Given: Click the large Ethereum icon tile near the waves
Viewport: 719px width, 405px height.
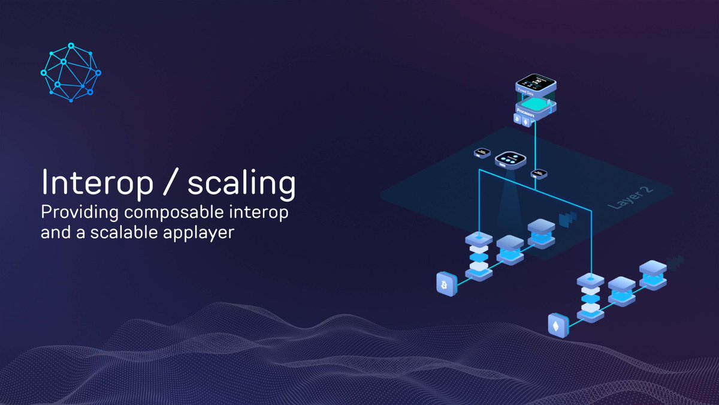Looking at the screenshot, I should [557, 325].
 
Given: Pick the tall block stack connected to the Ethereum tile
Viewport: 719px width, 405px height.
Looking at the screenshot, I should [590, 296].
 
